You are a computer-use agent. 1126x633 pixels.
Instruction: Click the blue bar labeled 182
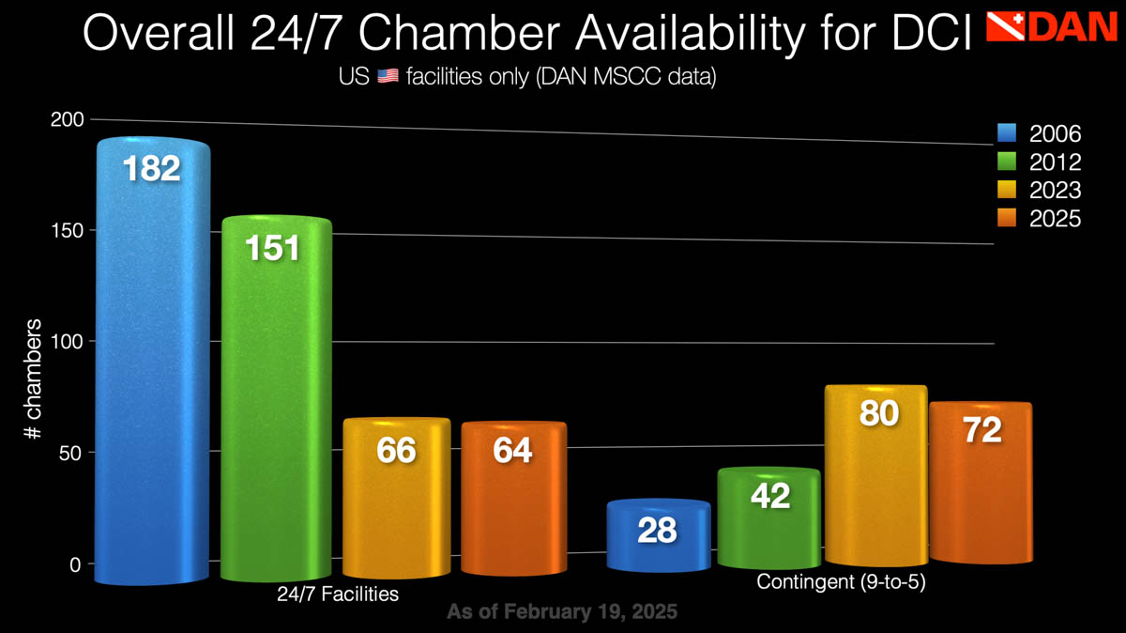pos(153,366)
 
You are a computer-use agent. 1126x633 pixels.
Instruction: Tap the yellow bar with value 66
pos(396,498)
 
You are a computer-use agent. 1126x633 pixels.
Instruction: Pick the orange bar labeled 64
pos(513,498)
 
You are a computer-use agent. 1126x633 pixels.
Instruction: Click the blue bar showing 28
pos(657,535)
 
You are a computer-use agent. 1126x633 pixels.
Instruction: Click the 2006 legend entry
pos(1039,133)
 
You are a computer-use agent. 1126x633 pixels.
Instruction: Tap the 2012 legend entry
pos(1039,162)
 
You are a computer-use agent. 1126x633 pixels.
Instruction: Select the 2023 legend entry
pos(1039,190)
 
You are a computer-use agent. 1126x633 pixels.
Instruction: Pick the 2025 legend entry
pos(1039,218)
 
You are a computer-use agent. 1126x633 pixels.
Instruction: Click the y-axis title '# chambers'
pos(34,380)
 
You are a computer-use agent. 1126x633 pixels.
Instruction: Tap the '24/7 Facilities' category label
pos(338,594)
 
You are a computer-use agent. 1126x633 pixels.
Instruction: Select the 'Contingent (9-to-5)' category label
pos(842,582)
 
